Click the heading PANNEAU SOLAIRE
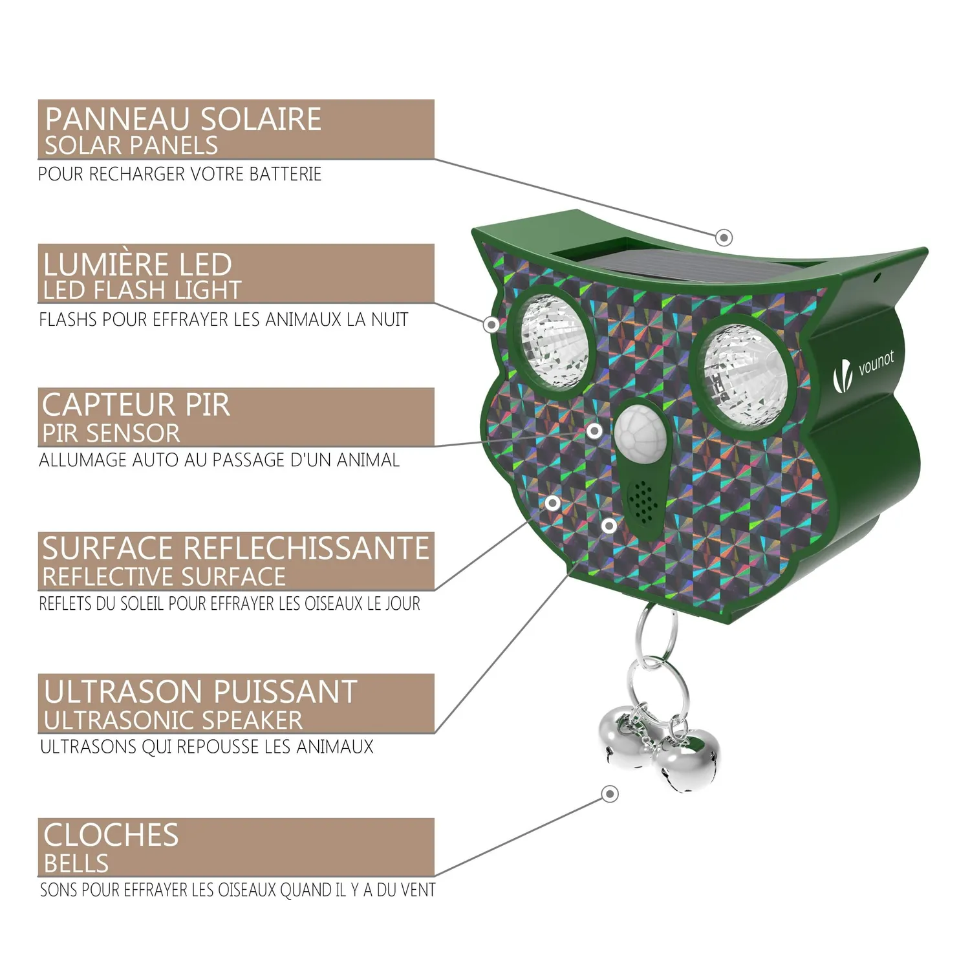point(183,119)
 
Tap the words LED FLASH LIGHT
point(142,290)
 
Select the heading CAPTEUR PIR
point(136,405)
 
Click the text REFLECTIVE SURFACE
point(164,576)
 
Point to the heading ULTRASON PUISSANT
point(200,692)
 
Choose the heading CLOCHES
point(111,835)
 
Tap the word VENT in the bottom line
point(418,890)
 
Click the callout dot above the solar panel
point(724,237)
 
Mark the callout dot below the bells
point(610,793)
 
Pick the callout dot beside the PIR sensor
point(594,430)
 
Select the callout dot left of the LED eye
point(492,324)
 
